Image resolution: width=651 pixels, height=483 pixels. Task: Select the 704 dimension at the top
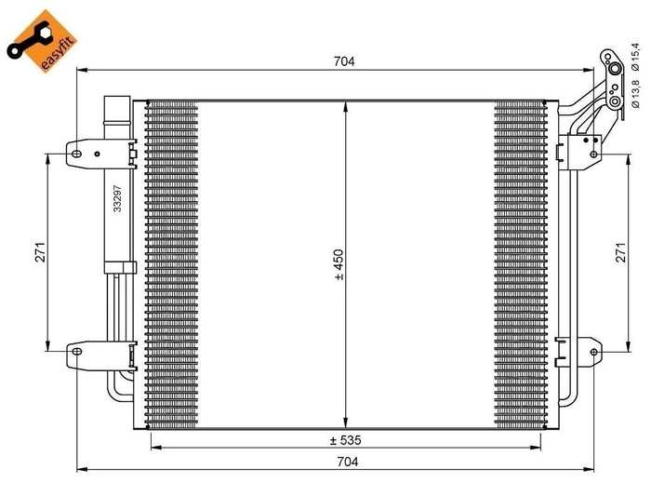[x=344, y=61]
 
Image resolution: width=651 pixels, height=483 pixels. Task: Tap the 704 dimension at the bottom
[x=344, y=461]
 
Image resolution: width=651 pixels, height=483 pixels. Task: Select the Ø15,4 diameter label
[x=633, y=54]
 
